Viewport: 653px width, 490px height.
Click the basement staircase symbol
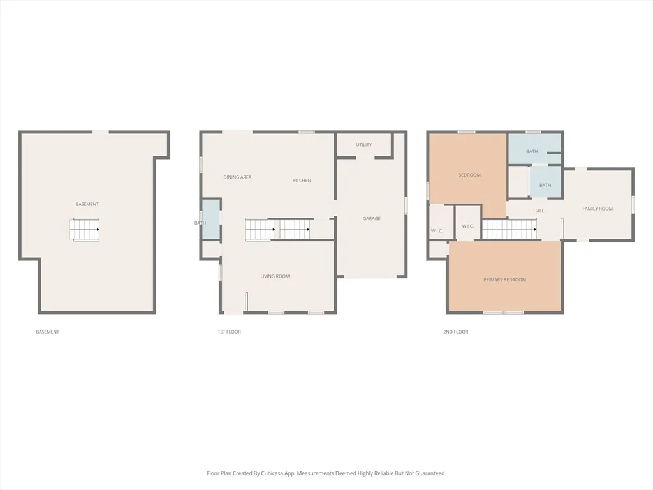(x=85, y=229)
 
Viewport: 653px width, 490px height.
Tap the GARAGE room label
(x=372, y=218)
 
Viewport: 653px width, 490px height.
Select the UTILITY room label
(x=364, y=145)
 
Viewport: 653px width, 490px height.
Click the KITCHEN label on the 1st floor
(x=302, y=181)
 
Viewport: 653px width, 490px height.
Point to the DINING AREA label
(x=237, y=177)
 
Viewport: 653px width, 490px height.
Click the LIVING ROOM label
(x=275, y=276)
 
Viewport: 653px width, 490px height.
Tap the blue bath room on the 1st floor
(x=210, y=219)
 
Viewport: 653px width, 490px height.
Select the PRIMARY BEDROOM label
(x=505, y=280)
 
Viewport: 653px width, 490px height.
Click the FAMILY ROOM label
(x=598, y=209)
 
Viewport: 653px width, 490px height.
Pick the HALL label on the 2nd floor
(x=538, y=211)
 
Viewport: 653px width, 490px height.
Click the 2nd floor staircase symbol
(x=510, y=229)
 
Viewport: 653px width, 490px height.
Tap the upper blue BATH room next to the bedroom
(x=534, y=148)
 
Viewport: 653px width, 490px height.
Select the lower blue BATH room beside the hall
(x=545, y=181)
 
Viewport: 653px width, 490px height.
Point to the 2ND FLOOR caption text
(x=455, y=332)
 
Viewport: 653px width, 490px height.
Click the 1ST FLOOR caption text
(x=229, y=332)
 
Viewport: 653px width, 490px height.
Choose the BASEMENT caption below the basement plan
(x=47, y=332)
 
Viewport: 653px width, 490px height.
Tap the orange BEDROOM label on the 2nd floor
(x=469, y=175)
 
